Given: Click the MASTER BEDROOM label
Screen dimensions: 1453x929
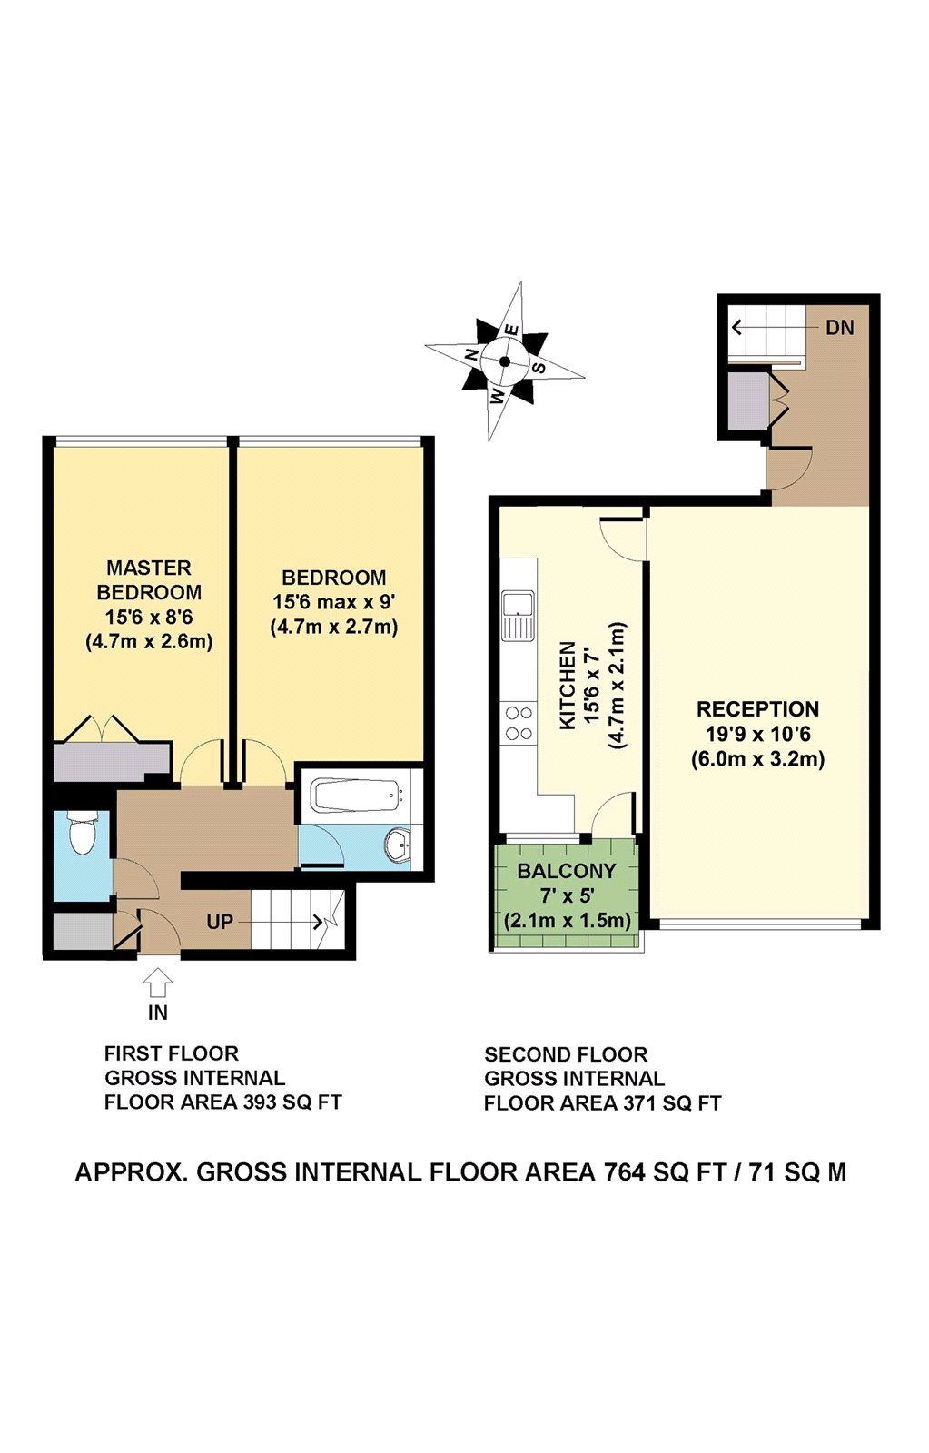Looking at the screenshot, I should pyautogui.click(x=149, y=579).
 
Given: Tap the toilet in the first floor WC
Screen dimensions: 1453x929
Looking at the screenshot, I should pyautogui.click(x=83, y=834).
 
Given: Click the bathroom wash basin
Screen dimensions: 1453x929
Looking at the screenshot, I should pyautogui.click(x=397, y=845).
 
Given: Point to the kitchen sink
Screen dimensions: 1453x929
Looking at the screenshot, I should pyautogui.click(x=519, y=615).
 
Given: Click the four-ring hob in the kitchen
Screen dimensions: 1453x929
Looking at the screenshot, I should pyautogui.click(x=519, y=723).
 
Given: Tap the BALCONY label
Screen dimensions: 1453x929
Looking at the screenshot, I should pyautogui.click(x=567, y=871).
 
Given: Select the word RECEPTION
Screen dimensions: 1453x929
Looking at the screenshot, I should pyautogui.click(x=757, y=709).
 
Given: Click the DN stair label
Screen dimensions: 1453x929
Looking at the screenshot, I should pyautogui.click(x=839, y=328).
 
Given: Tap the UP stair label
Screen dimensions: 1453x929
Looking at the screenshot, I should pyautogui.click(x=220, y=922).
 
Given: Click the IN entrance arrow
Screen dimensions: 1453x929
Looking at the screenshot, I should pyautogui.click(x=158, y=983).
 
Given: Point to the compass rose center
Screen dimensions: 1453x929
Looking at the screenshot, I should pyautogui.click(x=505, y=361).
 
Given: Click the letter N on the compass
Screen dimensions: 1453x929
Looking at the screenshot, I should pyautogui.click(x=471, y=355).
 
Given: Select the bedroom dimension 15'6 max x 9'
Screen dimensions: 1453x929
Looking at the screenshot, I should pyautogui.click(x=334, y=602).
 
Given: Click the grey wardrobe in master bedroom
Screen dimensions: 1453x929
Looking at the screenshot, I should pyautogui.click(x=111, y=762).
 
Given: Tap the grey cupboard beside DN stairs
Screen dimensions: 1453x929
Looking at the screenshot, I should pyautogui.click(x=748, y=400).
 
